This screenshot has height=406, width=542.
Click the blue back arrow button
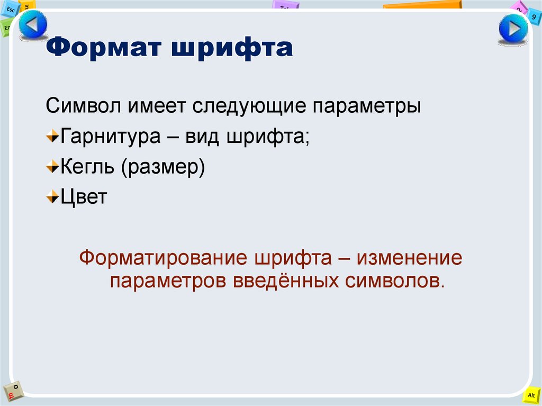pos(33,25)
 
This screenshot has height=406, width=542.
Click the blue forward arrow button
pos(513,30)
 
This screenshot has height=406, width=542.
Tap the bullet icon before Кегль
pos(52,168)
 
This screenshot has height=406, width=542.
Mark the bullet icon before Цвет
pos(52,199)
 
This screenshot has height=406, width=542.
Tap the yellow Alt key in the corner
pos(531,395)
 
